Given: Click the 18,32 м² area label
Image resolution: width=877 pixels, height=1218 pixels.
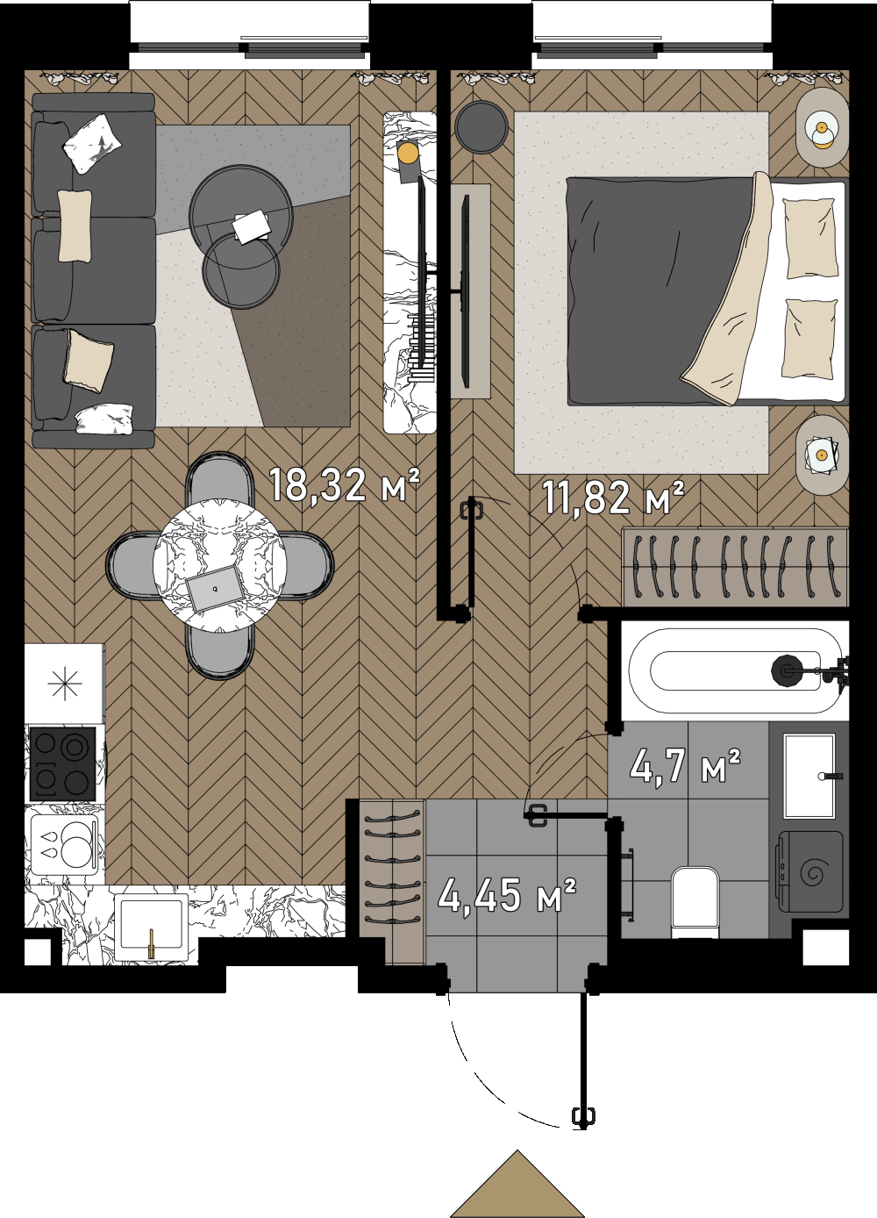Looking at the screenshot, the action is click(345, 485).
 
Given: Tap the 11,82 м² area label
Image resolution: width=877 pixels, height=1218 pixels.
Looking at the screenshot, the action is click(613, 497).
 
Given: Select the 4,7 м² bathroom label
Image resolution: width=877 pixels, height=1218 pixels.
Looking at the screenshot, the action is click(685, 765).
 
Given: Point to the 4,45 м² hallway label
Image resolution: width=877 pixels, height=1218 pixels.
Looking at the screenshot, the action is click(506, 896).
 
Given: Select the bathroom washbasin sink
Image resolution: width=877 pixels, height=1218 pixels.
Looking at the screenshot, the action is click(809, 776).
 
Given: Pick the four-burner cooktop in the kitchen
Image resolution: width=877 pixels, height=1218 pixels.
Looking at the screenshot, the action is click(62, 764).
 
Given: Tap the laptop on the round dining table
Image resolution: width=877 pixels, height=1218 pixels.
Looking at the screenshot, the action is click(213, 588).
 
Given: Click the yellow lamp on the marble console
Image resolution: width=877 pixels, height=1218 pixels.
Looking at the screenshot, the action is click(407, 153).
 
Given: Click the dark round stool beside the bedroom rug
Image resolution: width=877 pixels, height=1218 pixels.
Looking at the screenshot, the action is click(481, 126).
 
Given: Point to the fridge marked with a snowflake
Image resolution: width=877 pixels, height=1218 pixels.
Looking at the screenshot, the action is click(64, 683).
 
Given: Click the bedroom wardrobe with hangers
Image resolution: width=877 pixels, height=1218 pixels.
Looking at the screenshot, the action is click(735, 567).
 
